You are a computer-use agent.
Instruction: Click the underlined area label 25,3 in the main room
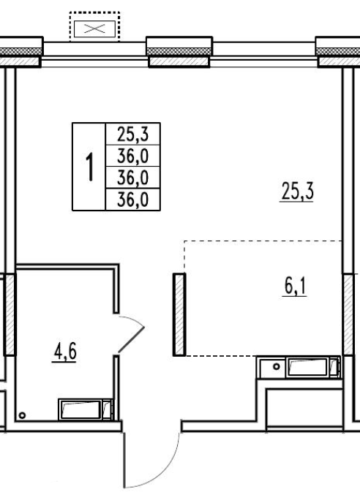[x=296, y=192]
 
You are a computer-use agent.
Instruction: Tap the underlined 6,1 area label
[x=295, y=287]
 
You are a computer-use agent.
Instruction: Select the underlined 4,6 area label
[x=64, y=352]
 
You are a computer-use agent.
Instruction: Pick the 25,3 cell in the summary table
[x=133, y=134]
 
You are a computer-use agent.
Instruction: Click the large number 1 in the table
[x=90, y=166]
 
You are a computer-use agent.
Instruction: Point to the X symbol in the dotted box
[x=94, y=29]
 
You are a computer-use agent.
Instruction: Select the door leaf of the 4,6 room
[x=131, y=339]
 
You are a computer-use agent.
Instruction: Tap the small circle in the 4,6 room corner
[x=22, y=415]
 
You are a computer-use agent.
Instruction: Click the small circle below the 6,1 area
[x=277, y=366]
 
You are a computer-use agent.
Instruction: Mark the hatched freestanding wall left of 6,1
[x=179, y=314]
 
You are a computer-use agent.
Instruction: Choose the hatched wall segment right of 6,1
[x=348, y=314]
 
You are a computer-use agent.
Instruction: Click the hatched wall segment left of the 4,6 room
[x=10, y=314]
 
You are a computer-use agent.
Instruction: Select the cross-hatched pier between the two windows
[x=179, y=52]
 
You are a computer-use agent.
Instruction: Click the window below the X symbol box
[x=94, y=54]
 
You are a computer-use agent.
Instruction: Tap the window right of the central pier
[x=264, y=54]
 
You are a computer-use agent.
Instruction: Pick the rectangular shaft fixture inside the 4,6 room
[x=86, y=409]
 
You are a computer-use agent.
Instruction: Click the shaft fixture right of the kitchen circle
[x=312, y=367]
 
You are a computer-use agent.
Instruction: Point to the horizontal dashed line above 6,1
[x=263, y=241]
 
